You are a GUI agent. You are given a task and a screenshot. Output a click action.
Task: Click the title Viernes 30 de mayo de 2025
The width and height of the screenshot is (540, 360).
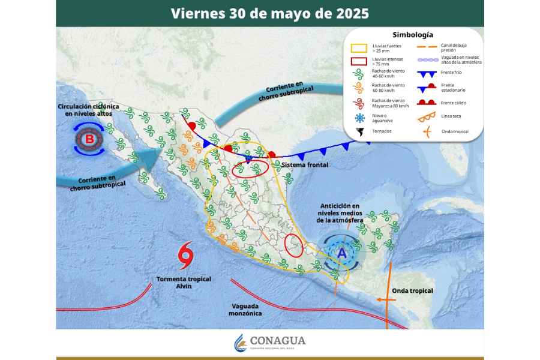point(269,13)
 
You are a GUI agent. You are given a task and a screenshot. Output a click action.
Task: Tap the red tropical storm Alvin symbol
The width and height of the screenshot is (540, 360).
point(186,256)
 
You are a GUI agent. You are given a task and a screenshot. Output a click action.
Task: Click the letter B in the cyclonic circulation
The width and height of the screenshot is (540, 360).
point(89,139)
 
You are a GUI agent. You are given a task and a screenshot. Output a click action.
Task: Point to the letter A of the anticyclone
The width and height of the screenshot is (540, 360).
point(342,254)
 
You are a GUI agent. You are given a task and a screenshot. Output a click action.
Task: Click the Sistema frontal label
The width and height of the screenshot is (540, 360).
point(305,164)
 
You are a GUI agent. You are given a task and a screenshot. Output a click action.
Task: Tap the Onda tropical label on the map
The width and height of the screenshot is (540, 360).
point(412,291)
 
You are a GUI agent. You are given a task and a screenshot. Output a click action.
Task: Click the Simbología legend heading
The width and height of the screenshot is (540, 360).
point(413,35)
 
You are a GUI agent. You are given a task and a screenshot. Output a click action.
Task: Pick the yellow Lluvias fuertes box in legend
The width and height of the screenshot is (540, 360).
point(359,47)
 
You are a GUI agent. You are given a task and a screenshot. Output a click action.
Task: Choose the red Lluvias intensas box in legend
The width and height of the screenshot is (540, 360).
point(359,61)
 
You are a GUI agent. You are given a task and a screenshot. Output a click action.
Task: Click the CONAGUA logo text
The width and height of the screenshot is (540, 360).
point(277,341)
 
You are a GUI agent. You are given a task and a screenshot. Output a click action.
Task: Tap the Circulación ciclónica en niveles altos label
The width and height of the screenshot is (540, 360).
point(88,110)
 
